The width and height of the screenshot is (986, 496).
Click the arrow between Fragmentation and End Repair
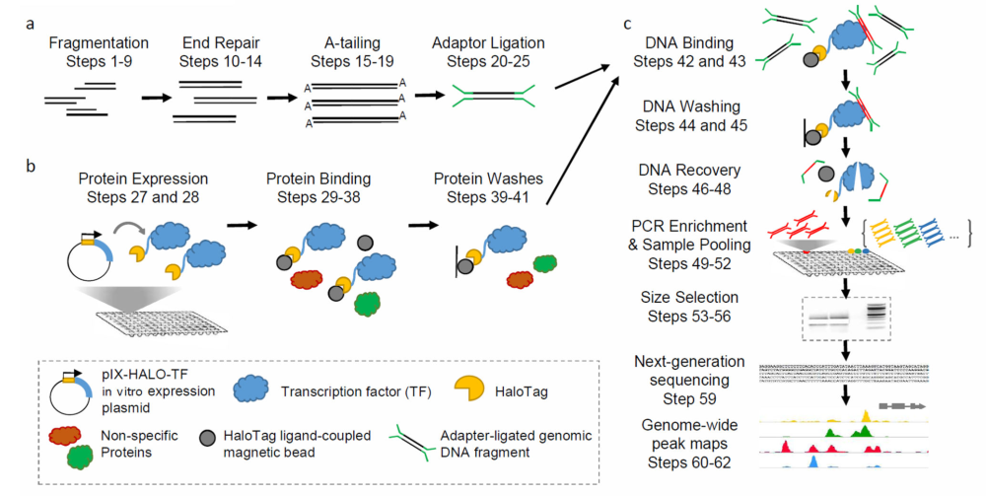click(x=153, y=99)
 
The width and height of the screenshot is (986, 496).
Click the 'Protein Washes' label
click(x=478, y=179)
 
